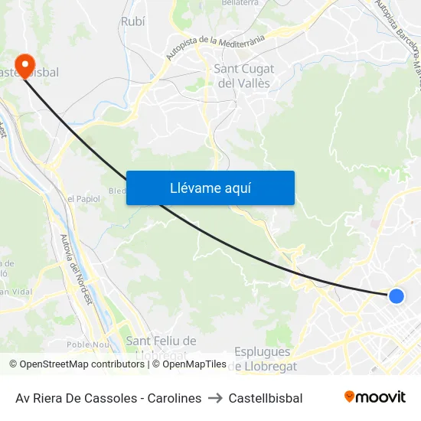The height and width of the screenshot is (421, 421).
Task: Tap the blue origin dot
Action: [x=396, y=295]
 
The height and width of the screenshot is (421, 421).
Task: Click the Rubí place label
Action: [x=132, y=21]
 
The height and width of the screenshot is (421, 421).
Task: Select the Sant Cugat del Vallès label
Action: [x=243, y=76]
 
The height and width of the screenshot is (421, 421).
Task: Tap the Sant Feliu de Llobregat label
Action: [x=161, y=347]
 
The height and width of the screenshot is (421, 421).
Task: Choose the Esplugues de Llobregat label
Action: [x=263, y=358]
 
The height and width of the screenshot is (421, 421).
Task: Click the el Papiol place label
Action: [x=83, y=198]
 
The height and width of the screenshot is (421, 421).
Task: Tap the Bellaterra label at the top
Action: [x=240, y=4]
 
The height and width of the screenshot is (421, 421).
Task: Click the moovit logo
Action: [x=375, y=397]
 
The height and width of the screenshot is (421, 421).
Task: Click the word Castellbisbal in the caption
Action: [x=266, y=398]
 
